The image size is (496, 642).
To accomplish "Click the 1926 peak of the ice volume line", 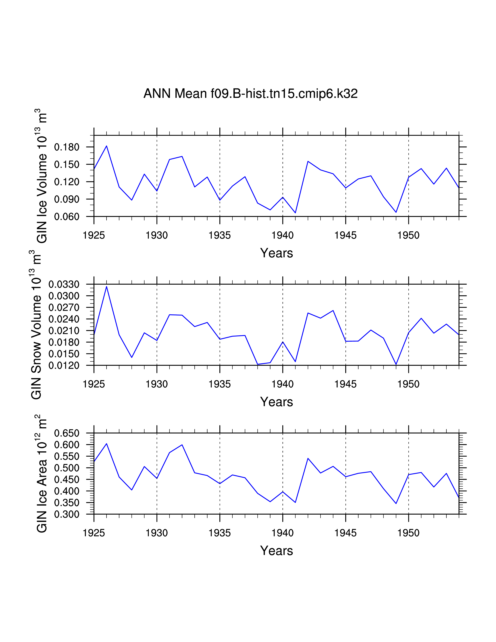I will click(x=106, y=146).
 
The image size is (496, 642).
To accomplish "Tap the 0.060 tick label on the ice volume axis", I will click(x=67, y=217).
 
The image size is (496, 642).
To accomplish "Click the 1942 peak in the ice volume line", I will click(x=308, y=161).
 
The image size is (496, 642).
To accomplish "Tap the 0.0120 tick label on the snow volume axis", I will click(x=64, y=365).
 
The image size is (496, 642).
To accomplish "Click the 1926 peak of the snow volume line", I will click(x=106, y=286).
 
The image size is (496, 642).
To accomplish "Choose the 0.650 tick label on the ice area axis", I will click(x=67, y=433).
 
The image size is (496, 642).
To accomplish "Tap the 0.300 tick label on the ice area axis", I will click(x=67, y=514).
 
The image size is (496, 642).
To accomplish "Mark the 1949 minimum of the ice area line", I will click(x=396, y=503).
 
